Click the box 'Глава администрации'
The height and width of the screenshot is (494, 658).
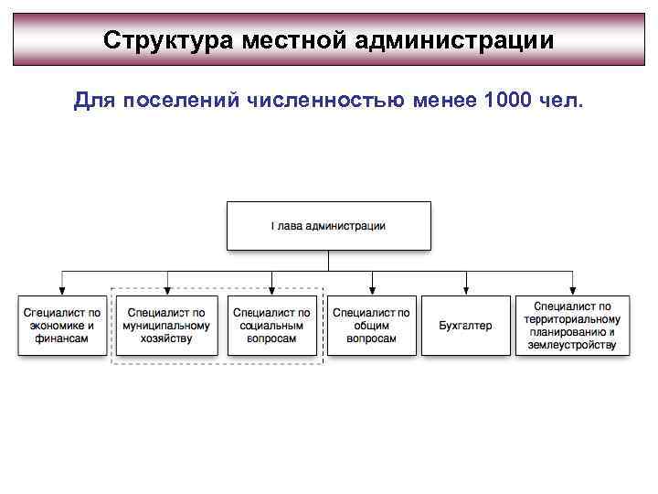coord(328,225)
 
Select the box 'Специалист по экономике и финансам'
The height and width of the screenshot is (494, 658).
coord(61,326)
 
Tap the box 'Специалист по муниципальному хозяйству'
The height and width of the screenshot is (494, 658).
coord(166,326)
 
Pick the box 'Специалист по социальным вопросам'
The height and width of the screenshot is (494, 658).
coord(271,326)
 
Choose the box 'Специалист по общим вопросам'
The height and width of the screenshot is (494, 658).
coord(371,326)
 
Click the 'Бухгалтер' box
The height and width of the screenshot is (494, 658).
coord(465,326)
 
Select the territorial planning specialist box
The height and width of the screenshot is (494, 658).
coord(572,326)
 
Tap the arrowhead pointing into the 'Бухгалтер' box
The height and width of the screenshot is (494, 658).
coord(465,291)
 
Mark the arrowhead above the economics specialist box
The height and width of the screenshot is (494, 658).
coord(61,291)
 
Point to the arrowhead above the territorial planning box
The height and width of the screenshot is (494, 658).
coord(572,291)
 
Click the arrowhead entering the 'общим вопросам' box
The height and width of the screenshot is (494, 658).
coord(371,291)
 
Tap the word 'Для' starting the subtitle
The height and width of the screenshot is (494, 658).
coord(91,99)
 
